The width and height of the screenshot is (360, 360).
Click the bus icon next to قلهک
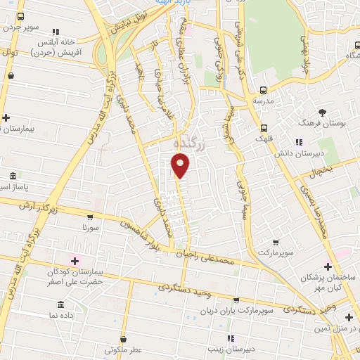264,129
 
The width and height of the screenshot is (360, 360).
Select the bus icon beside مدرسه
264,90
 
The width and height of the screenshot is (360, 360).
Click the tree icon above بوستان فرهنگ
323,112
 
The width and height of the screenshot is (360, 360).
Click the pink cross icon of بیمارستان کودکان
75,261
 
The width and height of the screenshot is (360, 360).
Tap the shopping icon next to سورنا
91,217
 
